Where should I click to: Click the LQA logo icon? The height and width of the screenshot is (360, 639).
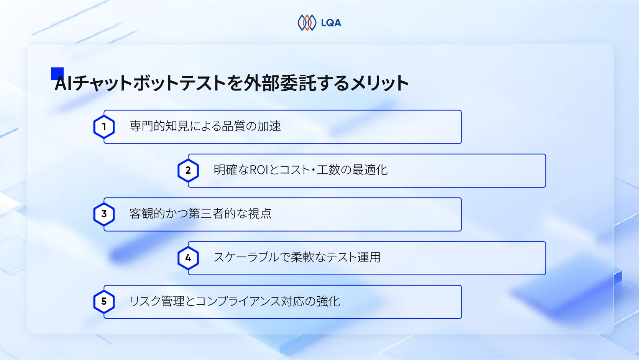pos(307,23)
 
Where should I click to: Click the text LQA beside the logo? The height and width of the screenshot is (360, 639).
pos(331,23)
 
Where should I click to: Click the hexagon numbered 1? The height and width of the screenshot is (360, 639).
pos(104,127)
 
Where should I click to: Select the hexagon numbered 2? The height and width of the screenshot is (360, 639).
pos(188,170)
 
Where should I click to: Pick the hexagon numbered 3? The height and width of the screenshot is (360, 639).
pos(104,214)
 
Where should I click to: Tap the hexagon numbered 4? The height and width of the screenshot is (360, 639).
pos(188,258)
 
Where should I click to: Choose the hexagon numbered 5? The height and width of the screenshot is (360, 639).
pos(104,301)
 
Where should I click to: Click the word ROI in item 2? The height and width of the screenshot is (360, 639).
pos(259,170)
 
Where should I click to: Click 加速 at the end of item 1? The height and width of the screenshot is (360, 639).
pos(269,126)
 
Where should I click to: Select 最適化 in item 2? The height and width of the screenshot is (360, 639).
pos(370,170)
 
